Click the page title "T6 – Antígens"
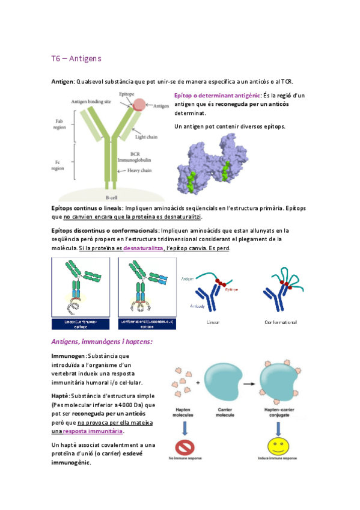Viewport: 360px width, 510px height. coord(76,58)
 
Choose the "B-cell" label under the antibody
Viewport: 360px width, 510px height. coord(111,197)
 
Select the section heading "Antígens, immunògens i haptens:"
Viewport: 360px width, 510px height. coord(102,342)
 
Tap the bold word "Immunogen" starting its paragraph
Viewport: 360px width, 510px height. coord(69,356)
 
